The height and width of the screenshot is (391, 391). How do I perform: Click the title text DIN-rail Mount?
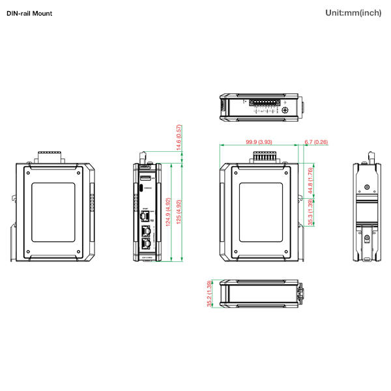click(29, 13)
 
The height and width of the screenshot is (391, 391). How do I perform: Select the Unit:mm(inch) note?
click(353, 13)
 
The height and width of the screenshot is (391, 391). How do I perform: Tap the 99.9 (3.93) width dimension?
click(259, 142)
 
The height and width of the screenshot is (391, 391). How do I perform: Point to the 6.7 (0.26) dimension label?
click(316, 142)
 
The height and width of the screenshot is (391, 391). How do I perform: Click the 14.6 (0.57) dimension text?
click(179, 138)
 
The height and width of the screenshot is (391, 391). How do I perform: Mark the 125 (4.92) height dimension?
click(179, 212)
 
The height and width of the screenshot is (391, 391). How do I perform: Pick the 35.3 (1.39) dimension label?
click(311, 214)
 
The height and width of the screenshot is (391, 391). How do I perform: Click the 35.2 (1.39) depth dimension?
click(209, 294)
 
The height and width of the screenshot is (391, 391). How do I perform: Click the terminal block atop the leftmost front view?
click(50, 156)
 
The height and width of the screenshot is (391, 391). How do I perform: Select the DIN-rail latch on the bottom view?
click(300, 294)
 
